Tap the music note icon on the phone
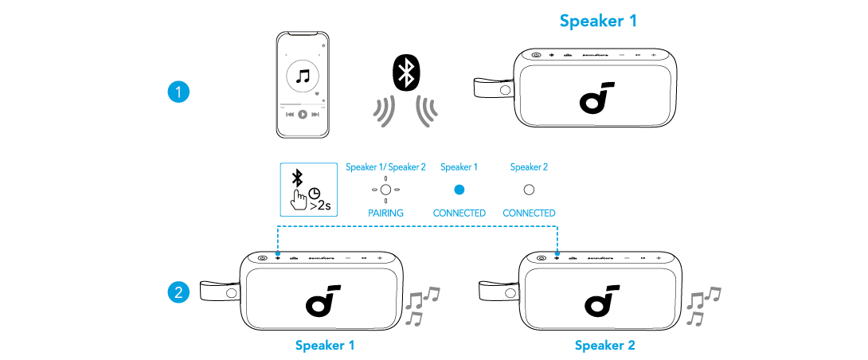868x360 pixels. coord(302,77)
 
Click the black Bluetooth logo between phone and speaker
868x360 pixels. coord(406,74)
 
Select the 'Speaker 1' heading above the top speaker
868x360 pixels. coord(598,22)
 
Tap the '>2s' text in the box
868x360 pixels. coord(319,205)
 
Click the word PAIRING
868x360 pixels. coord(386,213)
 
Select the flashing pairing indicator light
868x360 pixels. coord(386,190)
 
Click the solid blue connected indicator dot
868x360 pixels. coord(459,190)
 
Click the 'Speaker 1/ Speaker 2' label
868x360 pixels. coord(386,167)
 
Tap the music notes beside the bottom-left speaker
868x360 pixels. coord(421,306)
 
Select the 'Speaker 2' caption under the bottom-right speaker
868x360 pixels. coord(604,346)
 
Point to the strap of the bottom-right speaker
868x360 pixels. coord(495,292)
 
